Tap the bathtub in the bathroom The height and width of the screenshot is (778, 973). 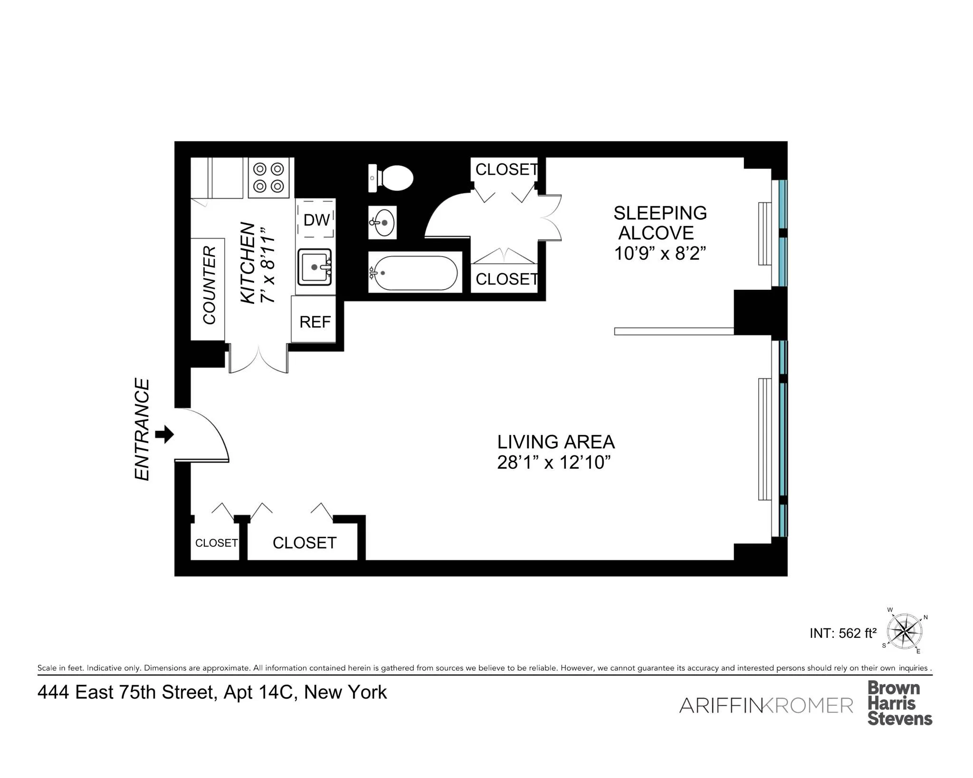coord(415,273)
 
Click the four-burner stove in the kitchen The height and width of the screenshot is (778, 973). coord(268,177)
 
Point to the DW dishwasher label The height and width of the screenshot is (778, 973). coord(316,220)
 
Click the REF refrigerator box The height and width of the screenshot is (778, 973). coord(314,322)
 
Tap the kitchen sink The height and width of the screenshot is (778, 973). coord(314,267)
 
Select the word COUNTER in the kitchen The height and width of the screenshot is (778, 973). coord(210,285)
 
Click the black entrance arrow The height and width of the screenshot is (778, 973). coord(165,434)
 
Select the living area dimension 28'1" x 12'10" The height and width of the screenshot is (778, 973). coord(553,462)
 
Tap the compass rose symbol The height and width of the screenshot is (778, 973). coord(905,632)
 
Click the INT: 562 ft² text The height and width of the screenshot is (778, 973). coord(843,633)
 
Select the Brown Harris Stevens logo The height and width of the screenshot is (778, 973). coord(899,703)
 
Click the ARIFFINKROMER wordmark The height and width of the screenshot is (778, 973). coord(766,705)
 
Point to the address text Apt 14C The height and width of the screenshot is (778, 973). coord(258,692)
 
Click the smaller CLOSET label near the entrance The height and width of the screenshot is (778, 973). coord(216,543)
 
